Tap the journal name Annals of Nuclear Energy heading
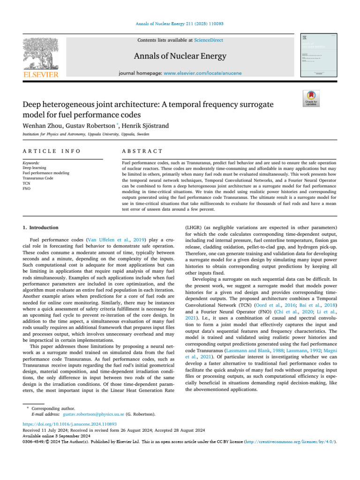180,57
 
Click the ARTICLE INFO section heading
52,151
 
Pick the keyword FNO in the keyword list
27,189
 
